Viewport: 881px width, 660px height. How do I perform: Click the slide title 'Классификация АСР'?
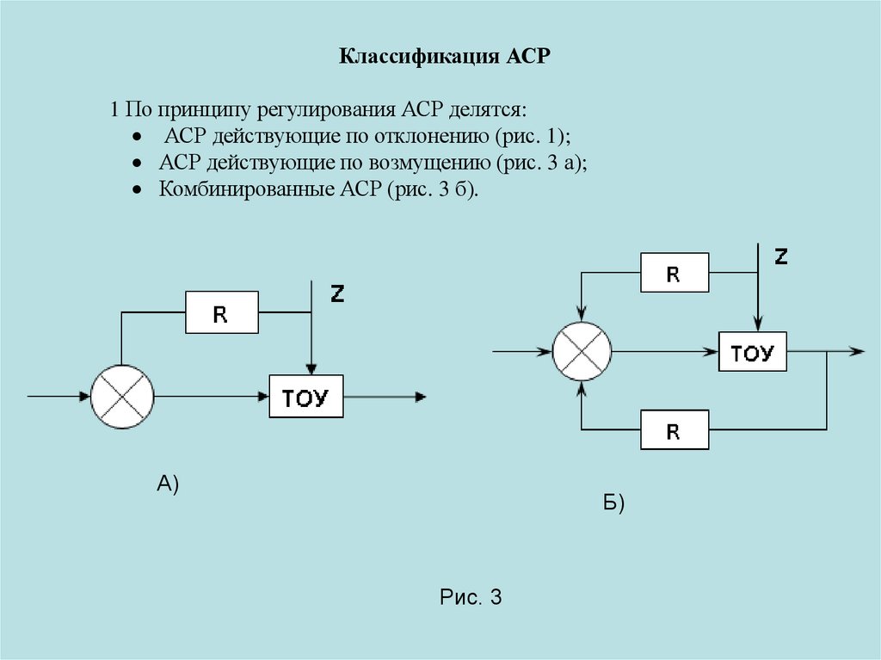click(443, 58)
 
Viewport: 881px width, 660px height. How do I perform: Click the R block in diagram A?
click(221, 312)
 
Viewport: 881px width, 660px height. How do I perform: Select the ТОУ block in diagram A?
click(306, 397)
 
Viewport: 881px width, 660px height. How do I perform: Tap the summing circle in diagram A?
click(122, 397)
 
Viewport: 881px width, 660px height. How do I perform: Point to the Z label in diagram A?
click(337, 294)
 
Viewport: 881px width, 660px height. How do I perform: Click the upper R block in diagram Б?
click(675, 274)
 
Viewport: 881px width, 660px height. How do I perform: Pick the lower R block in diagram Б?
click(675, 430)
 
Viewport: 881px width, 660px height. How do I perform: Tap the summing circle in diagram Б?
click(582, 351)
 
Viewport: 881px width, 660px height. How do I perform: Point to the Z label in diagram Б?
click(780, 256)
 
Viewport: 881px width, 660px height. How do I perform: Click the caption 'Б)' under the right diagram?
click(613, 503)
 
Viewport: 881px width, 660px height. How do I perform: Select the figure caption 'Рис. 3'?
click(470, 597)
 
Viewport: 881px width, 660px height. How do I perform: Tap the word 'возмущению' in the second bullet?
click(435, 163)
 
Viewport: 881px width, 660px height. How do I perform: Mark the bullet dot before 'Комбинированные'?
click(137, 189)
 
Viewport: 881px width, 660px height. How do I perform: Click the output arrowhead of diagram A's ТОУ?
click(420, 397)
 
